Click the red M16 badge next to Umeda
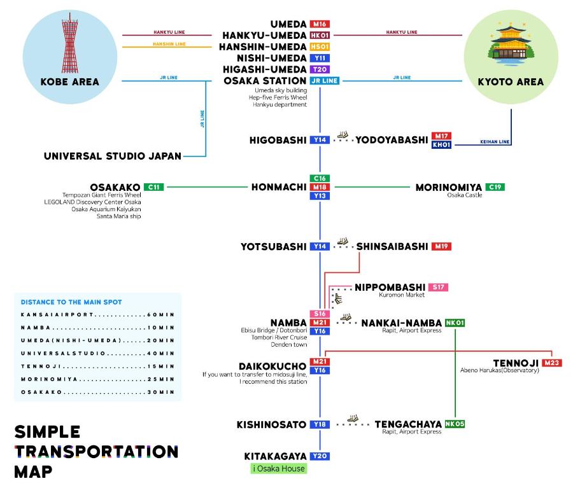[320, 24]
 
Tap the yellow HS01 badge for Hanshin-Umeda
[320, 47]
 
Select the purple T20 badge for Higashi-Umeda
[320, 69]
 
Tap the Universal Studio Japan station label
[113, 156]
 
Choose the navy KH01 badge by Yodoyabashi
[441, 144]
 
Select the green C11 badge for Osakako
[153, 187]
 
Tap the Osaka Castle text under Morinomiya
[465, 195]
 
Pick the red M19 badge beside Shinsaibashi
[441, 246]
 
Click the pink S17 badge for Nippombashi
[438, 288]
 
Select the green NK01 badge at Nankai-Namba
[455, 323]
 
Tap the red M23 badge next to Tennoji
[552, 363]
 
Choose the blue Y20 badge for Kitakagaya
[320, 456]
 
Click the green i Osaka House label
[278, 469]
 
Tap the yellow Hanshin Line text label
[169, 44]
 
